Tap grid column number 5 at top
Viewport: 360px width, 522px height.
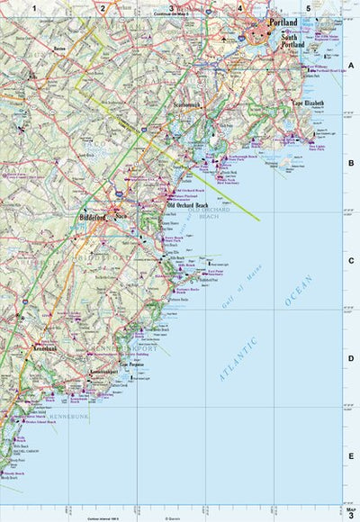[309, 8]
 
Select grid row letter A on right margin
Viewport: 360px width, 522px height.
[352, 66]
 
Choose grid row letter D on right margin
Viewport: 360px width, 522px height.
[352, 358]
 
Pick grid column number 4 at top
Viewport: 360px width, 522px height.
[240, 8]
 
